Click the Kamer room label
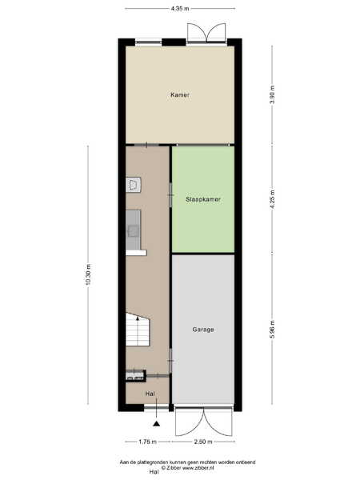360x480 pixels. coord(180,95)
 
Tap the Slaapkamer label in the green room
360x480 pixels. coord(203,199)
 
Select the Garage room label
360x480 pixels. coord(203,330)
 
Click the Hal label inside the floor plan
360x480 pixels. coord(150,394)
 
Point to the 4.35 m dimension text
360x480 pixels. coord(180,9)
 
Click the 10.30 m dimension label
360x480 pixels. coord(88,274)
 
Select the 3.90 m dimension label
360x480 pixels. coord(272,95)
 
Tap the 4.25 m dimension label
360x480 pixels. coord(272,199)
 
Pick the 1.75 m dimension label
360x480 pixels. coord(147,442)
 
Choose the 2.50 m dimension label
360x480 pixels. coord(203,442)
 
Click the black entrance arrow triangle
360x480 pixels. coord(157,424)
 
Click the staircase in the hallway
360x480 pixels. coord(138,330)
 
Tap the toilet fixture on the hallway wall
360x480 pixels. coord(133,185)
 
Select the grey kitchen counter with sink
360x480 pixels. coord(134,230)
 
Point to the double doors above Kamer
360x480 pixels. coord(206,33)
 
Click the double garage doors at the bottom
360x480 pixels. coord(203,422)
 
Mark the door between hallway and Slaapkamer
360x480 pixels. coord(171,195)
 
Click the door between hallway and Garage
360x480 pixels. coord(171,361)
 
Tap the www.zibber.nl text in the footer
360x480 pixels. coord(198,468)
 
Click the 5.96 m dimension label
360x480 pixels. coord(272,330)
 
